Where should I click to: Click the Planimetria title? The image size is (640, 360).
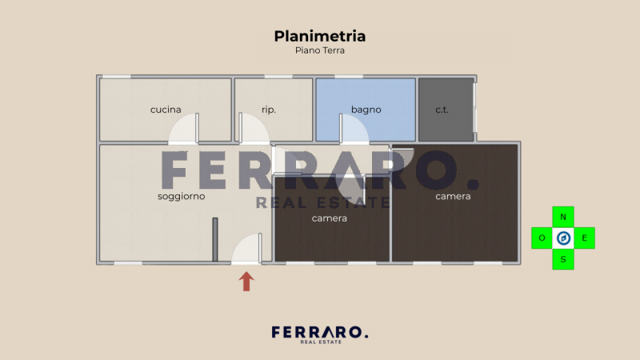pyautogui.click(x=320, y=36)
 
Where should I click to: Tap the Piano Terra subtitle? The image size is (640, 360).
pyautogui.click(x=320, y=50)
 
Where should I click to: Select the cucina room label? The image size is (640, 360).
pyautogui.click(x=166, y=110)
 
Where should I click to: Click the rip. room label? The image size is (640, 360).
pyautogui.click(x=269, y=110)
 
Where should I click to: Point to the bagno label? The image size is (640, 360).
pyautogui.click(x=366, y=110)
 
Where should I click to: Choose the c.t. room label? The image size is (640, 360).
pyautogui.click(x=442, y=110)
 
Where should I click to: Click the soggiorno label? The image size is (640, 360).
pyautogui.click(x=181, y=196)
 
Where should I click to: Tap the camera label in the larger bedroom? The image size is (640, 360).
pyautogui.click(x=453, y=196)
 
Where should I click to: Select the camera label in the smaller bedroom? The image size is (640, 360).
pyautogui.click(x=330, y=218)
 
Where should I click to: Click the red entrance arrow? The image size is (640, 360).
pyautogui.click(x=246, y=281)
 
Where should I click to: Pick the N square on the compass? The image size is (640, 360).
pyautogui.click(x=563, y=217)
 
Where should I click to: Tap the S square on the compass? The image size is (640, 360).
pyautogui.click(x=563, y=259)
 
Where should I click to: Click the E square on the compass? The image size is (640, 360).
pyautogui.click(x=585, y=238)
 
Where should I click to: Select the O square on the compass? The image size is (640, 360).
pyautogui.click(x=542, y=238)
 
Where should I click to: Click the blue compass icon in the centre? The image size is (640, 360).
pyautogui.click(x=563, y=238)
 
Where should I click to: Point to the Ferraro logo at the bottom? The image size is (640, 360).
pyautogui.click(x=320, y=334)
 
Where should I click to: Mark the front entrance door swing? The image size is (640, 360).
pyautogui.click(x=247, y=249)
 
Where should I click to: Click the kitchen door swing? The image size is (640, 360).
pyautogui.click(x=184, y=129)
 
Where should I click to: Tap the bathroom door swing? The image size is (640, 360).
pyautogui.click(x=354, y=130)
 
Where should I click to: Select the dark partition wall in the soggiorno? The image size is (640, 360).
pyautogui.click(x=215, y=238)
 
